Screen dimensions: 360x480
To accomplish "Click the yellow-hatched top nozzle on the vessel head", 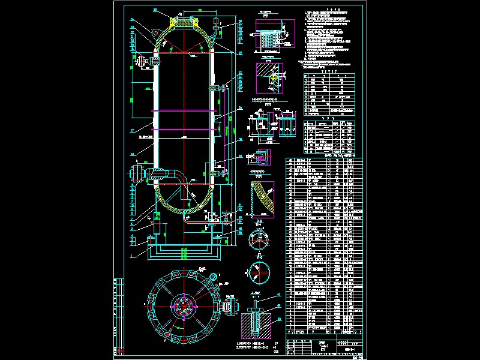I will coord(184,21).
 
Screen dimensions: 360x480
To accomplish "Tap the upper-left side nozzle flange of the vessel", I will coord(143,61).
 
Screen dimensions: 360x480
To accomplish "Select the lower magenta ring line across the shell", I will coord(184,130).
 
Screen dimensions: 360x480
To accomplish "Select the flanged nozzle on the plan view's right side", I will coord(229,304).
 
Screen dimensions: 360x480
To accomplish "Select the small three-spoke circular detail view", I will coord(257,238).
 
